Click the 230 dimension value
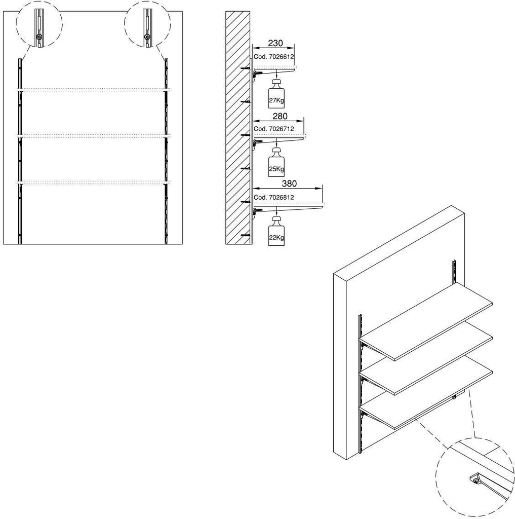(x=275, y=43)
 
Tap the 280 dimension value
(x=280, y=116)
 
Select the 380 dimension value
(x=289, y=183)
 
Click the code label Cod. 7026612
(x=273, y=57)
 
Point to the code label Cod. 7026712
(x=273, y=129)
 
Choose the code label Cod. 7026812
(x=273, y=197)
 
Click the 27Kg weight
(x=276, y=94)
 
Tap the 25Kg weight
(x=276, y=162)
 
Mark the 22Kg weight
(x=276, y=231)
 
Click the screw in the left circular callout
(x=39, y=36)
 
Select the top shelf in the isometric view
(x=426, y=321)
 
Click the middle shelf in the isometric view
(x=426, y=359)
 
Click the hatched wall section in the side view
(x=238, y=128)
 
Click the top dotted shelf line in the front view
(x=93, y=90)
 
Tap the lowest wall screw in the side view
(x=246, y=235)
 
